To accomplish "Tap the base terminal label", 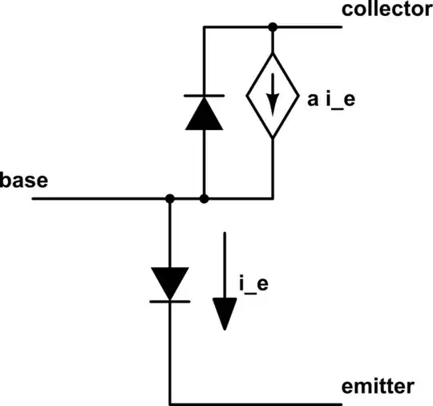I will point(24,180).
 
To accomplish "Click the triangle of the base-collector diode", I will point(204,115).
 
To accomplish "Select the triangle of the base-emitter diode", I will point(170,283).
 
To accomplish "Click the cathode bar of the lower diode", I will point(170,302).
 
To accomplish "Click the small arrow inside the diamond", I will point(273,98).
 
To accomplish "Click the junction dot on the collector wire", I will point(273,27).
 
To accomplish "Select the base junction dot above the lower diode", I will point(170,197).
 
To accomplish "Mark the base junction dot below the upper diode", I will point(204,197).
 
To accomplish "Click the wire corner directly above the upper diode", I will point(204,27).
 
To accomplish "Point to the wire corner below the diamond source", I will point(273,197).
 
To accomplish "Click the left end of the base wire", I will point(34,197).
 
